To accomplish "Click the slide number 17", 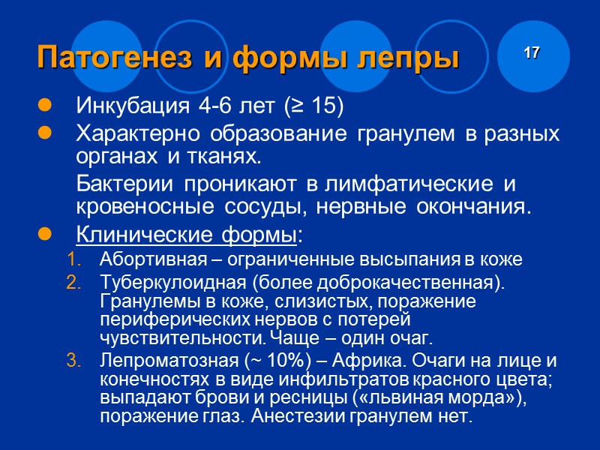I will pyautogui.click(x=532, y=53).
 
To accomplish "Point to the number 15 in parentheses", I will pyautogui.click(x=321, y=106).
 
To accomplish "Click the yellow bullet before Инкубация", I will pyautogui.click(x=43, y=106).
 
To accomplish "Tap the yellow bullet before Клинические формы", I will pyautogui.click(x=43, y=237).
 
